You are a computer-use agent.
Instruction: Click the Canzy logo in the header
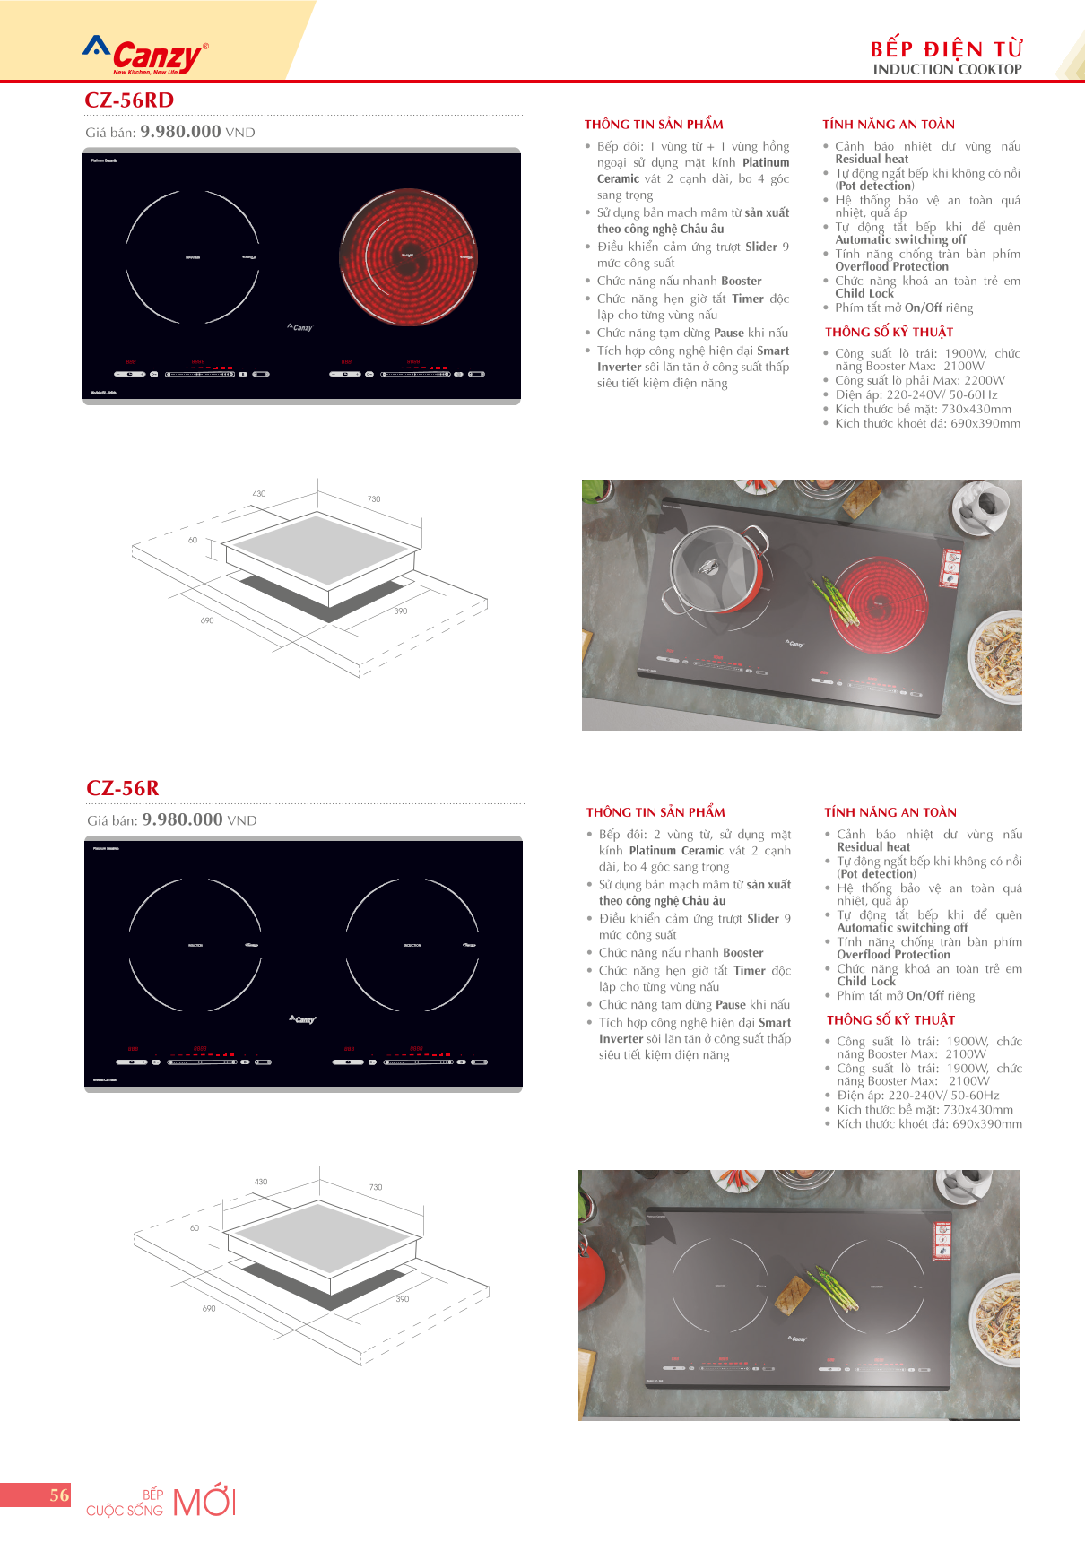(x=146, y=56)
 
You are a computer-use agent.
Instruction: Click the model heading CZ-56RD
(x=129, y=100)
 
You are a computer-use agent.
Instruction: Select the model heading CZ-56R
(x=123, y=788)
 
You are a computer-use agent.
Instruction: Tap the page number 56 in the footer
(x=59, y=1495)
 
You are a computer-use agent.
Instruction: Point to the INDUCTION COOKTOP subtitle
(x=947, y=69)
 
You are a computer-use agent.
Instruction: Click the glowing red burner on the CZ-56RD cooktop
(x=408, y=256)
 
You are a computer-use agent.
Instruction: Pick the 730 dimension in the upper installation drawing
(x=374, y=498)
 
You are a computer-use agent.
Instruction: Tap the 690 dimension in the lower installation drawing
(x=209, y=1308)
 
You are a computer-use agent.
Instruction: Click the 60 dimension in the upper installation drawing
(x=193, y=540)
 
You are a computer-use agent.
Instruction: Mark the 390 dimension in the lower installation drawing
(x=403, y=1298)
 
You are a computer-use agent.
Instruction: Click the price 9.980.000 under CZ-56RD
(x=180, y=131)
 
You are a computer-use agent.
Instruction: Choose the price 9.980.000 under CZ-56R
(x=182, y=819)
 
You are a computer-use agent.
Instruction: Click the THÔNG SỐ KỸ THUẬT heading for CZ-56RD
(x=889, y=332)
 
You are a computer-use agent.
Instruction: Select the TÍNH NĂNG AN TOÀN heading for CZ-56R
(x=890, y=812)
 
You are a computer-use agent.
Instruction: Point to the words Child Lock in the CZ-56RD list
(x=864, y=293)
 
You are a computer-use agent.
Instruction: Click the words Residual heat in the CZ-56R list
(x=873, y=846)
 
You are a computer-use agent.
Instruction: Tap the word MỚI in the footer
(x=204, y=1502)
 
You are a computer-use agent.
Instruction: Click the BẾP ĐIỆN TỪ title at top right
(x=946, y=48)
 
